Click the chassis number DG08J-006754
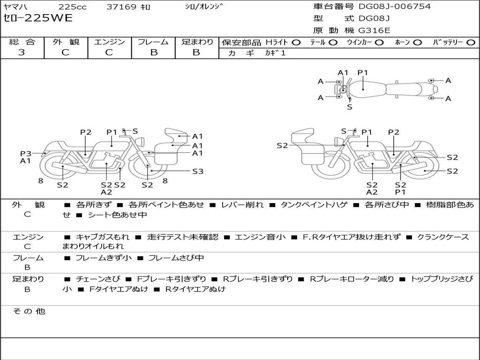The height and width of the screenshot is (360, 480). point(395,6)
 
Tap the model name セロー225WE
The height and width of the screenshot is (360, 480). point(38,18)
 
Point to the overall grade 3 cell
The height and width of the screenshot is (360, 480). point(22,52)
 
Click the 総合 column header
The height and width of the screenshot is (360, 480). point(22,42)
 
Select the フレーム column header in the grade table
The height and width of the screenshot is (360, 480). point(153,42)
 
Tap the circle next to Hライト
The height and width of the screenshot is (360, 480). point(296,42)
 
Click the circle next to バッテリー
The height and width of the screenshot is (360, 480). point(471,42)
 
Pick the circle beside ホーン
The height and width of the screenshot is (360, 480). point(418,42)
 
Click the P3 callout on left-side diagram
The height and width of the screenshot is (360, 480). point(26,153)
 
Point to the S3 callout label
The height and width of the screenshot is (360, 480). point(198,171)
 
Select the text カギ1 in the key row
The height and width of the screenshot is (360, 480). point(275,53)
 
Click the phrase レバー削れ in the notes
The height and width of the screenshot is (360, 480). point(242,204)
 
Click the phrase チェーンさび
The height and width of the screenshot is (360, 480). point(98,279)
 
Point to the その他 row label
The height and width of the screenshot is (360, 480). point(29,311)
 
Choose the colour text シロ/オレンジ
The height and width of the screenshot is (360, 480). point(204,6)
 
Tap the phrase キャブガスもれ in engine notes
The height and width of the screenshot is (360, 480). point(103,237)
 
